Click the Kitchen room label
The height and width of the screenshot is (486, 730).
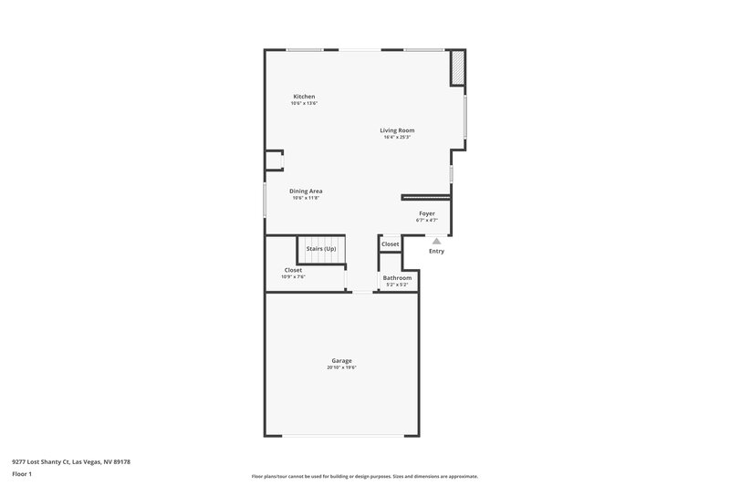[x=304, y=97]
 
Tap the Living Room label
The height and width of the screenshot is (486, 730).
[x=397, y=130]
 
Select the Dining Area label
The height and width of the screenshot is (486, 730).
[x=307, y=191]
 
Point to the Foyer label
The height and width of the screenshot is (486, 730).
[x=427, y=213]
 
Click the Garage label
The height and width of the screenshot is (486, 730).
[x=342, y=360]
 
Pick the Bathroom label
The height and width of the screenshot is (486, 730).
[x=397, y=277]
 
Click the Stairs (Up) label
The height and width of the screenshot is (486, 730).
[x=321, y=248]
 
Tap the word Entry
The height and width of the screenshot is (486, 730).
[x=436, y=251]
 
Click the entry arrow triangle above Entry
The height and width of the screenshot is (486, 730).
[x=436, y=241]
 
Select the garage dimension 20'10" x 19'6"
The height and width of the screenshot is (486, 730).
[x=342, y=367]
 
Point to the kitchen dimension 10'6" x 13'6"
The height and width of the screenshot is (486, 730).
[x=304, y=104]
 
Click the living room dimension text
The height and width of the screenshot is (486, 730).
[x=397, y=138]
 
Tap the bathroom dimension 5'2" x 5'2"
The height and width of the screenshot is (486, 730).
[x=397, y=284]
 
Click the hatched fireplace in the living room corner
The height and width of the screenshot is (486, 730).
[x=458, y=67]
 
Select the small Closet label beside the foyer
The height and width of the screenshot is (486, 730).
[x=390, y=244]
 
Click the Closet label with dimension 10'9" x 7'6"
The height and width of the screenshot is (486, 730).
[x=293, y=270]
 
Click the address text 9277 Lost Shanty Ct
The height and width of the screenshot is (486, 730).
[x=71, y=462]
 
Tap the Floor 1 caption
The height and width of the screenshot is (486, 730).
[x=22, y=474]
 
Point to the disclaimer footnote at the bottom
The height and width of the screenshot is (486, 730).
[x=364, y=476]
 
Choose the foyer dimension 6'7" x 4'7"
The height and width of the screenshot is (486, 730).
[x=427, y=221]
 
